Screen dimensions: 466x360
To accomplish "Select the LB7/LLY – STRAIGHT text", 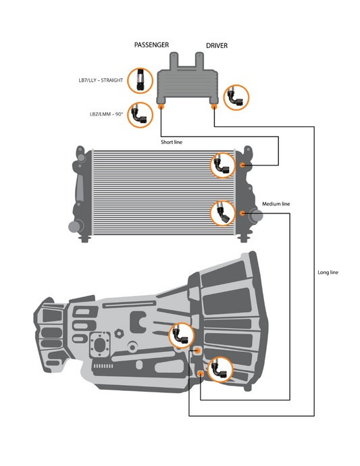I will click(100, 80).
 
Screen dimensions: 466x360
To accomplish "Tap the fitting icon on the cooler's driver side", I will click(236, 97).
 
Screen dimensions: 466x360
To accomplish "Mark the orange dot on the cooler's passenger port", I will click(161, 106).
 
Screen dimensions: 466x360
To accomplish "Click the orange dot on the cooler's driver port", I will click(214, 106).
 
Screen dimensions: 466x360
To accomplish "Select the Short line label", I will click(172, 143).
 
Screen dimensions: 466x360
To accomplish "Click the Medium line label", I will click(276, 203).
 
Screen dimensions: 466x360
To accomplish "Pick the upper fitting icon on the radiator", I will click(222, 164).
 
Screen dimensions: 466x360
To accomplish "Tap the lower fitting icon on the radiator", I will click(222, 212).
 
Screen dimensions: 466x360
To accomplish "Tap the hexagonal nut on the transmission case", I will click(118, 333).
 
